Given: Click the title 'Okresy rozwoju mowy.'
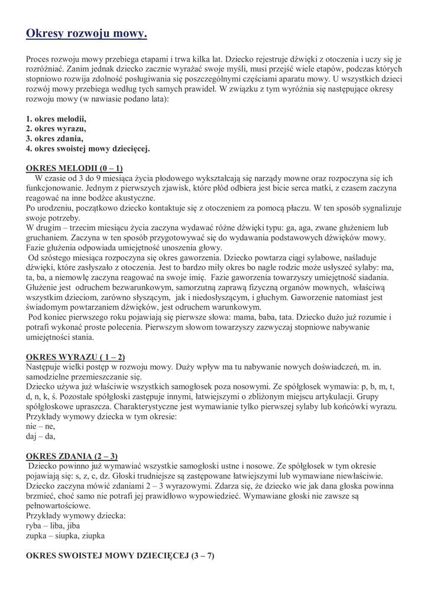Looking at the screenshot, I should coord(86,34).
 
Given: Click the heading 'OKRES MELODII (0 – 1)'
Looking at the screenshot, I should coord(74,167).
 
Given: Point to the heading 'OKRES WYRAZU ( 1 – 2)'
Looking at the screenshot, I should coord(76,357).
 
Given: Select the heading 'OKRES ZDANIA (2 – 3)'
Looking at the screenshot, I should coord(72,456).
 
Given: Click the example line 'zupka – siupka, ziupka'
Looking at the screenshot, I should coord(66,536).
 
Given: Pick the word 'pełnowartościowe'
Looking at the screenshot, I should coord(59,505).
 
